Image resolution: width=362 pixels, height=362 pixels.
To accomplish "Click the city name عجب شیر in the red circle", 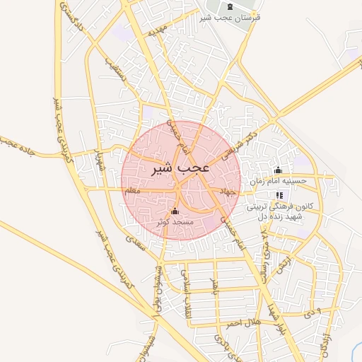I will coord(180,170).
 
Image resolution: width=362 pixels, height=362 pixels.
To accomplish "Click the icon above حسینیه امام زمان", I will coord(278,170).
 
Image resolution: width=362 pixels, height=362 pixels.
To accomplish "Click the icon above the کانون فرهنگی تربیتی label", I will coord(280,195).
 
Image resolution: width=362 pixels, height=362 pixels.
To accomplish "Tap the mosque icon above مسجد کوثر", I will coord(175,211).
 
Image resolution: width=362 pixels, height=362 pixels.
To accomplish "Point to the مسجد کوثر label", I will coord(175,222).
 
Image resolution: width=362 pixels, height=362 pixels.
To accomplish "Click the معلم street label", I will coord(132,191).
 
